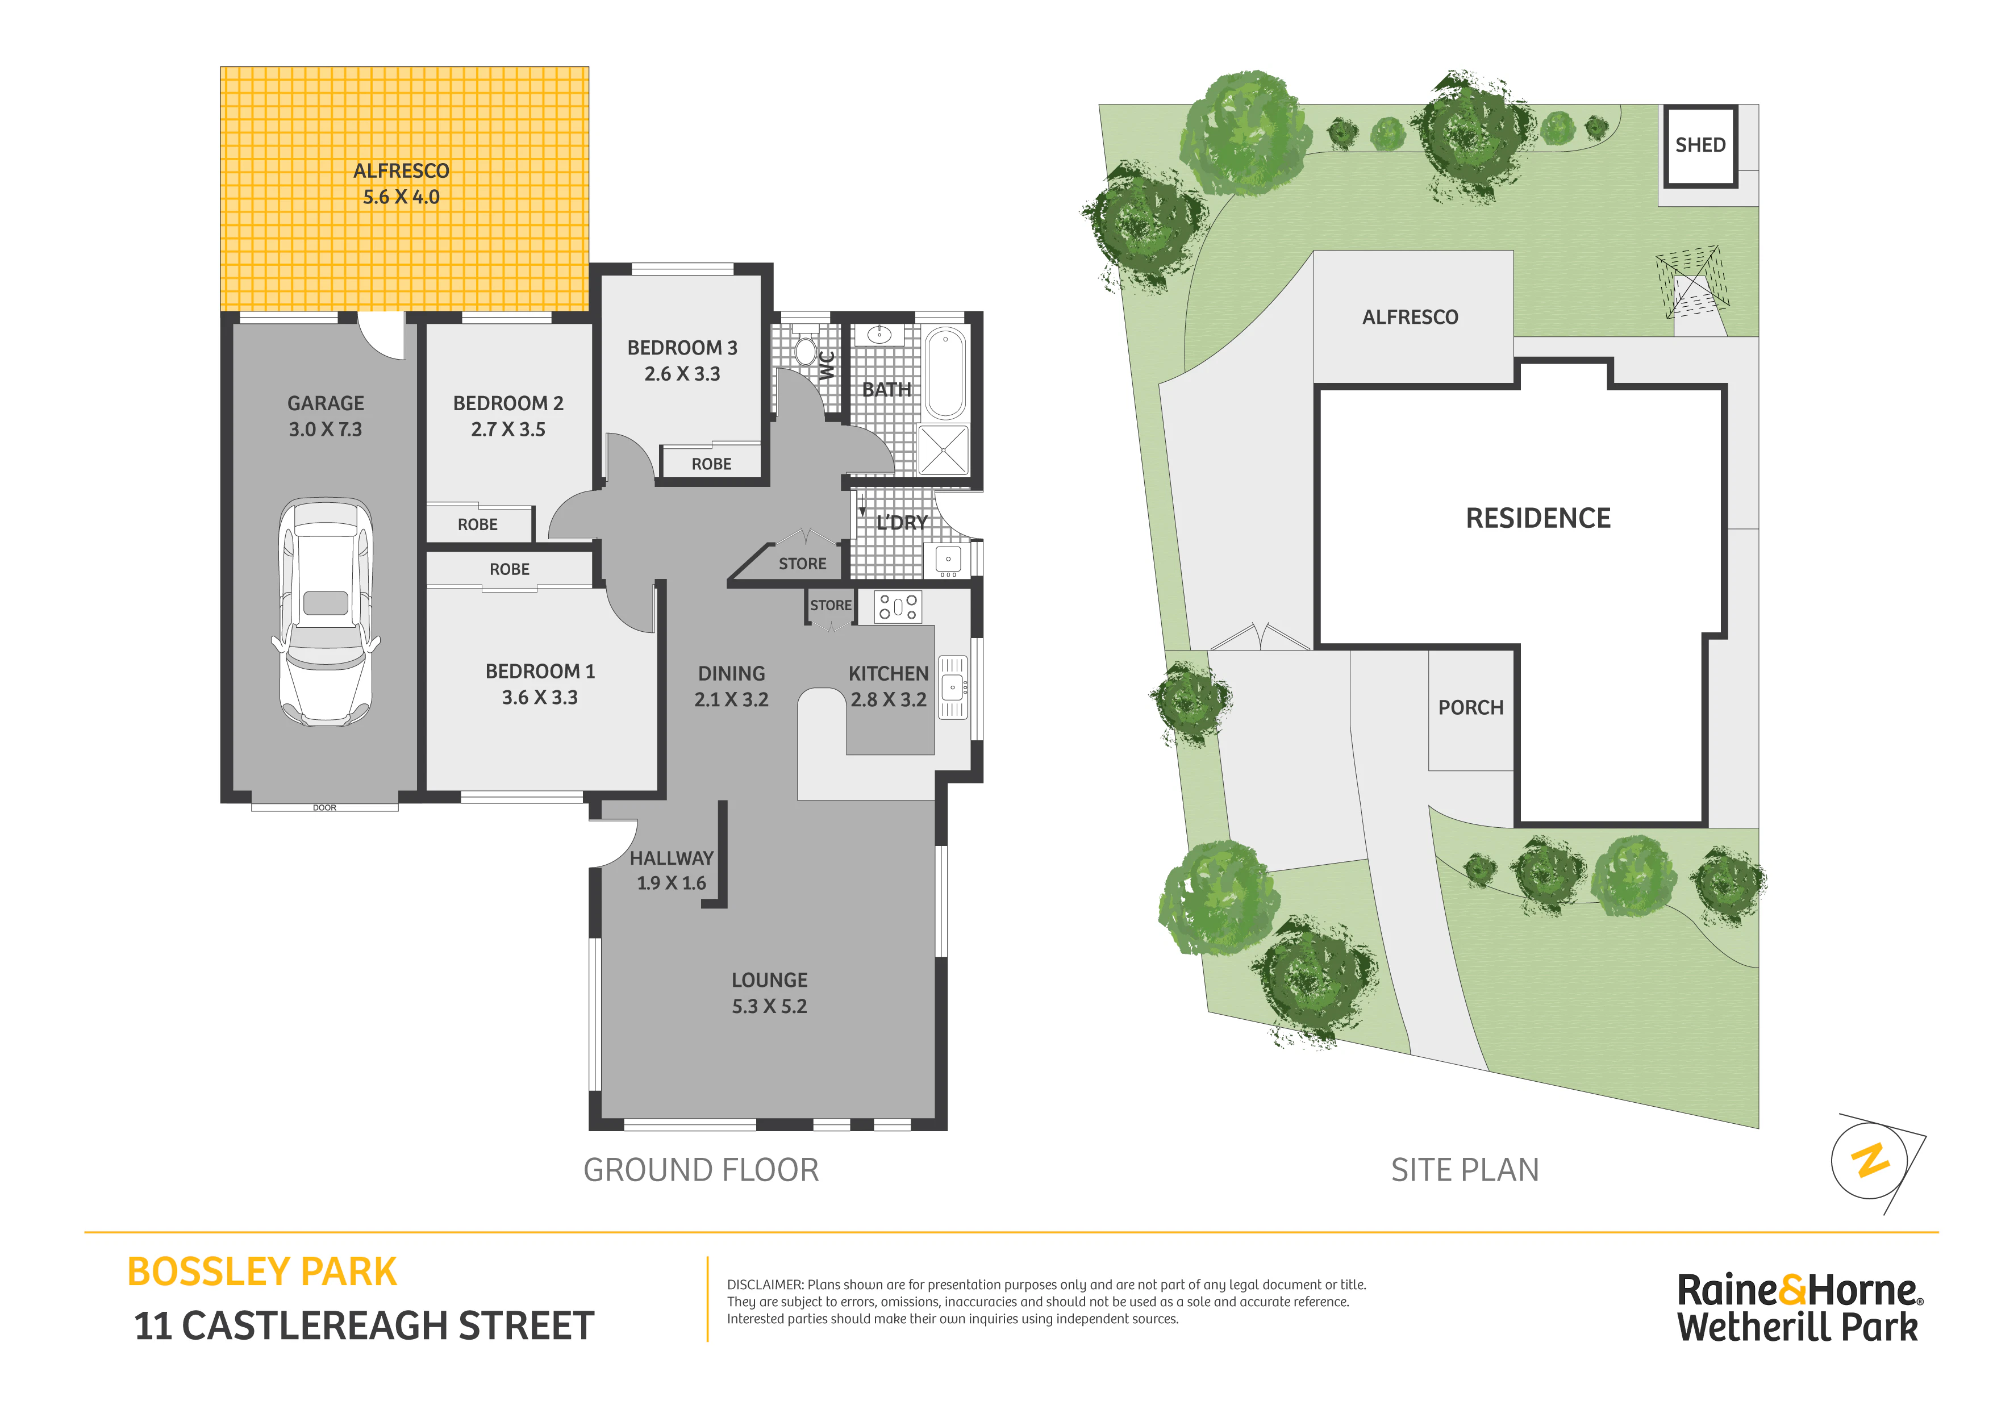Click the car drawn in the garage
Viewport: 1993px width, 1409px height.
(326, 612)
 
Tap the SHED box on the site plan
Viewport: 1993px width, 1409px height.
(1700, 146)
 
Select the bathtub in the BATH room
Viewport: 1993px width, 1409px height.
(945, 373)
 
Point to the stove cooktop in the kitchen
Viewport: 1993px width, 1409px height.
(898, 607)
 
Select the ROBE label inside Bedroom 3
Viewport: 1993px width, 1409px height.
(711, 464)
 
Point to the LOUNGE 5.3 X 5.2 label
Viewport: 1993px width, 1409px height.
(769, 993)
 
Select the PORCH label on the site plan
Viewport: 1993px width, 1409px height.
(1470, 707)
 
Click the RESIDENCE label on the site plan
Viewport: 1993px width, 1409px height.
(1538, 518)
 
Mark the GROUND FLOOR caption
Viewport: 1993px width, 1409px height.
(701, 1170)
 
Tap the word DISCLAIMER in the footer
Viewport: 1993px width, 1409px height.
(765, 1285)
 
